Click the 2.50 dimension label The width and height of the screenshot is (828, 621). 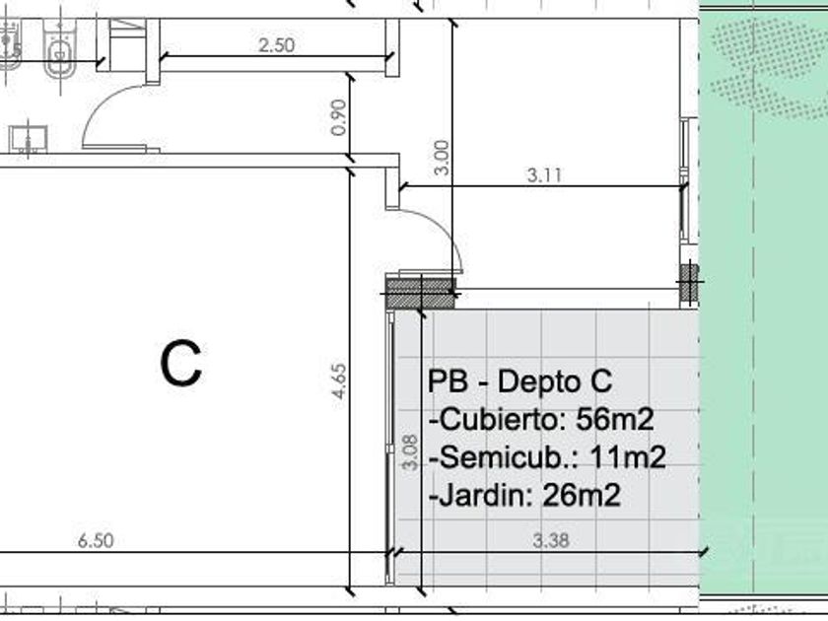(x=277, y=45)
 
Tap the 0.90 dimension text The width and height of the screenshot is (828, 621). (x=338, y=117)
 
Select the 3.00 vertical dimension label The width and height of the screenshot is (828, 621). (x=441, y=158)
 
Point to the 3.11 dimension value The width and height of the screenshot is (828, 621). (x=544, y=174)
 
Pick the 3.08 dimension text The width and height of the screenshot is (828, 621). (x=410, y=452)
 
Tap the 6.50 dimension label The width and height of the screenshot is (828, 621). (x=96, y=541)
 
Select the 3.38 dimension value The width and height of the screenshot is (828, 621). (x=551, y=541)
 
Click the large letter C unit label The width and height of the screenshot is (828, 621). (x=181, y=364)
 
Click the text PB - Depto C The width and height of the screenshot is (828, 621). (x=520, y=381)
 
